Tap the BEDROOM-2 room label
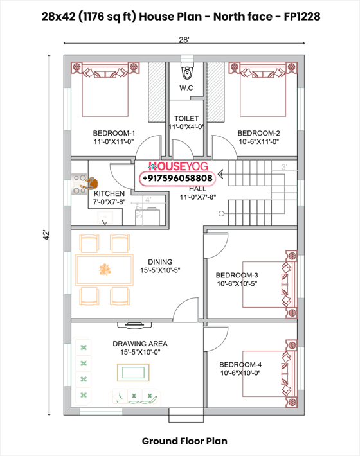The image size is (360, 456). pyautogui.click(x=258, y=133)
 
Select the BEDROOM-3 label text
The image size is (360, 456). pyautogui.click(x=237, y=276)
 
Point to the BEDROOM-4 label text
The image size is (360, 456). pyautogui.click(x=241, y=364)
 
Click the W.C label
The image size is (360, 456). pyautogui.click(x=186, y=88)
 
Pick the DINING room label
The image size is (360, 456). pyautogui.click(x=160, y=262)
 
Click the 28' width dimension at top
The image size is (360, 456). pyautogui.click(x=184, y=40)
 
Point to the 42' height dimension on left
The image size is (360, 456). pyautogui.click(x=46, y=236)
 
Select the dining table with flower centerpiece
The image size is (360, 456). pyautogui.click(x=104, y=268)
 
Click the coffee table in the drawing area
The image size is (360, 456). pyautogui.click(x=130, y=372)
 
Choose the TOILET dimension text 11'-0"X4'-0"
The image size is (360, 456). pyautogui.click(x=186, y=127)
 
